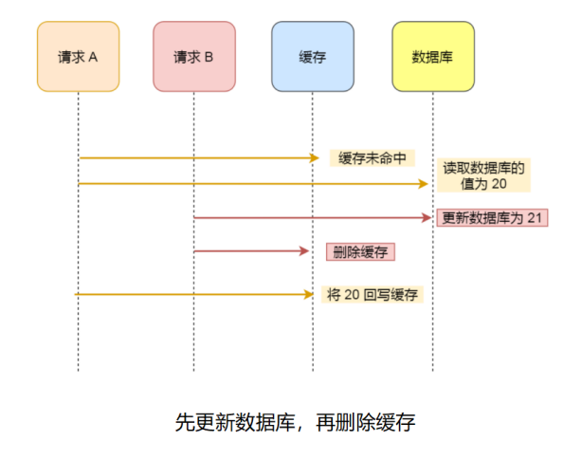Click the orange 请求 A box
click(78, 57)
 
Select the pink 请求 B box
click(194, 57)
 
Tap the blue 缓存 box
click(312, 57)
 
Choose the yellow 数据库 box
click(432, 57)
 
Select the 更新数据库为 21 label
click(492, 218)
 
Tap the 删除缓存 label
click(359, 252)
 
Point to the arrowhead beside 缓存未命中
click(315, 157)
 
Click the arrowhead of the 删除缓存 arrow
click(305, 251)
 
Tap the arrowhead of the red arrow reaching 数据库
click(427, 218)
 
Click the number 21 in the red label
click(534, 218)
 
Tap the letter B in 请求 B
click(209, 57)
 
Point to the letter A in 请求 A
click(94, 57)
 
